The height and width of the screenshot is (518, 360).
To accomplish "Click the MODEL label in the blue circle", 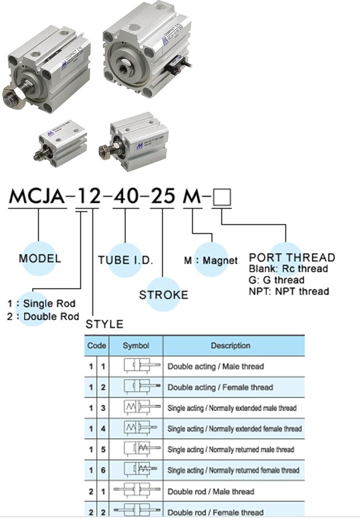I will [40, 258].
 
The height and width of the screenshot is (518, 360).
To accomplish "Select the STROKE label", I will [163, 295].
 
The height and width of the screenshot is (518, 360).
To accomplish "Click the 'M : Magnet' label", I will [211, 260].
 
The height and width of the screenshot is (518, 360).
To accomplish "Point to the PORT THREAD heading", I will [292, 257].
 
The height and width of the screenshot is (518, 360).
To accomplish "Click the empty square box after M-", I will [223, 198].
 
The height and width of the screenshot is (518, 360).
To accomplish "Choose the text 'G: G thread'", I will [276, 280].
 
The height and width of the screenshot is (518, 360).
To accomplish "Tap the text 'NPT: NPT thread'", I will [288, 291].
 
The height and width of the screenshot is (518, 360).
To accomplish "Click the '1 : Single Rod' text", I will [41, 304].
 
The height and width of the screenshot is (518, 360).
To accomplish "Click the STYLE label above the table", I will [104, 324].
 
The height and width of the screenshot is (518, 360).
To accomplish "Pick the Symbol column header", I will [136, 346].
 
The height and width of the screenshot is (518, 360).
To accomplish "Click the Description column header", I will [231, 346].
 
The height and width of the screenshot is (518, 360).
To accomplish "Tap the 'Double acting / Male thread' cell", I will [215, 366].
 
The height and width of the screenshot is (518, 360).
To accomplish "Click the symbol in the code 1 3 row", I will [137, 408].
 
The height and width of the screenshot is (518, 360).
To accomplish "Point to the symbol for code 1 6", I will [137, 470].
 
